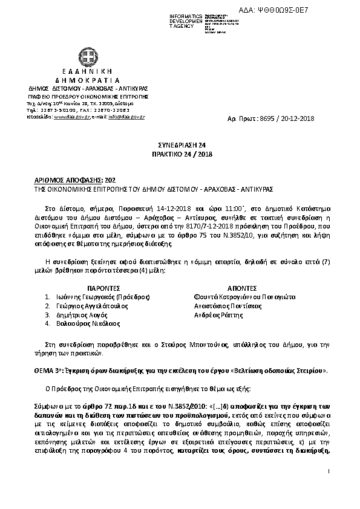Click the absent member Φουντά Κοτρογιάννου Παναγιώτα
[244, 297]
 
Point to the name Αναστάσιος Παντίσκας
[227, 306]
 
